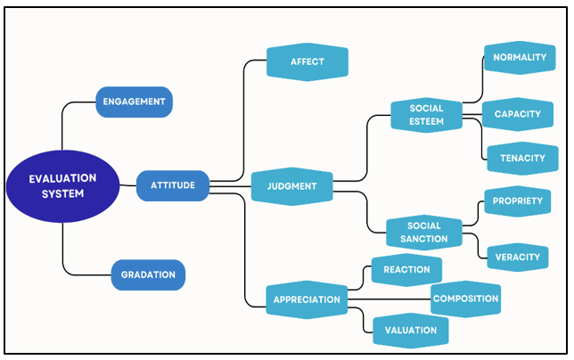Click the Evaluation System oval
tap(62, 185)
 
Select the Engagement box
tap(134, 102)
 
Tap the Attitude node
tap(173, 185)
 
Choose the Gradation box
tap(148, 274)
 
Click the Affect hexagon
tap(307, 62)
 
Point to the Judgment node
tap(292, 186)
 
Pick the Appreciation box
tap(307, 299)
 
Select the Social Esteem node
tap(427, 115)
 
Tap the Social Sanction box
tap(424, 233)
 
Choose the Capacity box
tap(518, 115)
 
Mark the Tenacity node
tap(522, 158)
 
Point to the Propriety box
tap(518, 201)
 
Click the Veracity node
tap(518, 258)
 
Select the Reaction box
tap(406, 270)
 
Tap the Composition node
tap(465, 299)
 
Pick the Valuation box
tap(411, 330)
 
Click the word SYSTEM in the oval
tap(62, 193)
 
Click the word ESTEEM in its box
tap(427, 121)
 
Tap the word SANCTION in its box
tap(424, 239)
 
